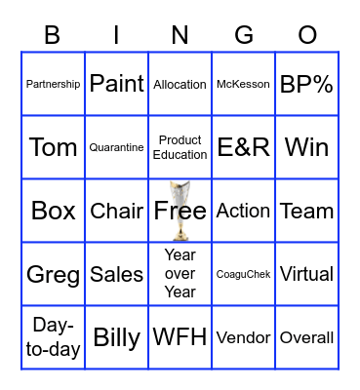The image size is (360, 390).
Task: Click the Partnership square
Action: click(x=54, y=85)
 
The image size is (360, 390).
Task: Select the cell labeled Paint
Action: click(x=117, y=84)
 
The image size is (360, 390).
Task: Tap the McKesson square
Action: click(x=243, y=85)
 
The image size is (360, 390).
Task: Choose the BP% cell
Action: click(x=306, y=84)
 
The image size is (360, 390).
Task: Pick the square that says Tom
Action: click(x=54, y=147)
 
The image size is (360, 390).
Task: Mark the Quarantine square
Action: click(x=117, y=148)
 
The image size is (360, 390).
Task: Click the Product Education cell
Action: click(x=180, y=147)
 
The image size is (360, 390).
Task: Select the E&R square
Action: click(x=243, y=147)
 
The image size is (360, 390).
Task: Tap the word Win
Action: click(x=306, y=147)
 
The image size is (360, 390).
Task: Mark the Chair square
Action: click(x=117, y=211)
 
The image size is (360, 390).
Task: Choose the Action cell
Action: click(x=243, y=211)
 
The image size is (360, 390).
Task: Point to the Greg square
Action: click(x=54, y=275)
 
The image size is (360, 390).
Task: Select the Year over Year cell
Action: click(x=180, y=274)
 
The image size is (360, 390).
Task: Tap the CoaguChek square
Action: click(x=243, y=275)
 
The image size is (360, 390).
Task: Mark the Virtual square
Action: click(x=306, y=274)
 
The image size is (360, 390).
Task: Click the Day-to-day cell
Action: click(x=54, y=337)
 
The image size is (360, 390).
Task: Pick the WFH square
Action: click(x=180, y=337)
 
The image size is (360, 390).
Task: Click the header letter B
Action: click(x=53, y=36)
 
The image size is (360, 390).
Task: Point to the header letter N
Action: click(x=180, y=36)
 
